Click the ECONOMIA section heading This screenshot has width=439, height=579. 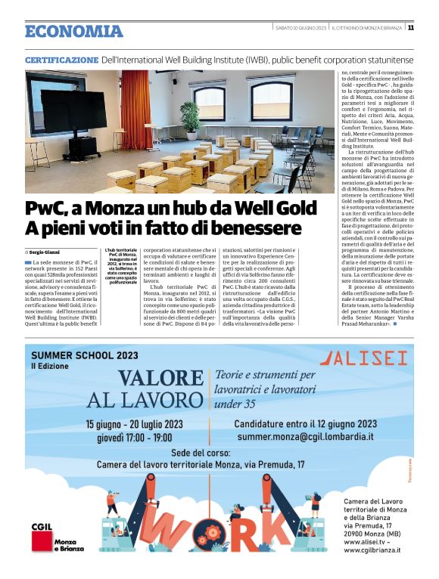point(73,31)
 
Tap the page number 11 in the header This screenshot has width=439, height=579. point(410,28)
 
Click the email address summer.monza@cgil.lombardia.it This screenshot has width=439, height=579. point(304,436)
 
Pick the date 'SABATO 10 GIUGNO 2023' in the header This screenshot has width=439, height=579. point(300,28)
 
